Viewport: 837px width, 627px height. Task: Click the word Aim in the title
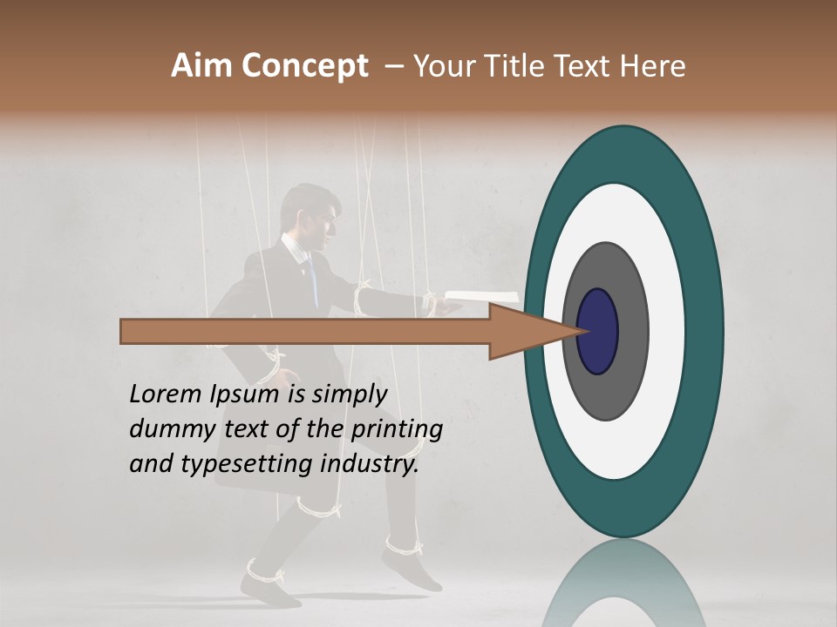pyautogui.click(x=198, y=66)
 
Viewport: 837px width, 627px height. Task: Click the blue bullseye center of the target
pyautogui.click(x=597, y=332)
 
